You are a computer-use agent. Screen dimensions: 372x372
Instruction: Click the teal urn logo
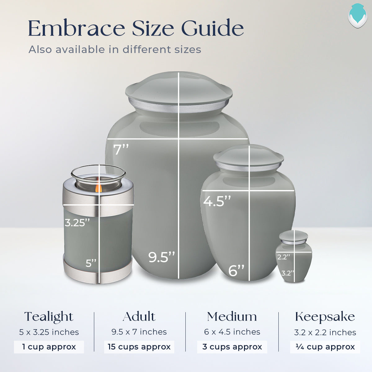coord(357,16)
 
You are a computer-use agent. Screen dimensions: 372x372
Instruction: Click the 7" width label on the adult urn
coord(121,149)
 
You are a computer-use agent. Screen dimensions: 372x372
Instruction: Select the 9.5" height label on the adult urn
coord(162,257)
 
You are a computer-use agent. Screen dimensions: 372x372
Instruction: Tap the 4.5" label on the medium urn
coord(217,201)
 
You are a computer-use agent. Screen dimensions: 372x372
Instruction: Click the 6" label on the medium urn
coord(236,270)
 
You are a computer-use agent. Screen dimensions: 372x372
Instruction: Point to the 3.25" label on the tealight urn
coord(77,223)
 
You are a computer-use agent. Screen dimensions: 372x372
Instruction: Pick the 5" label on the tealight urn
coord(91,263)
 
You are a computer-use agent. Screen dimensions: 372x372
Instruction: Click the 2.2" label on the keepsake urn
coord(284,257)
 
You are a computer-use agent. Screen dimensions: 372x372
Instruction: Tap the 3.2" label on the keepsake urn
coord(288,273)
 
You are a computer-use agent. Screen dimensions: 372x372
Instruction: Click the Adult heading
coord(139,317)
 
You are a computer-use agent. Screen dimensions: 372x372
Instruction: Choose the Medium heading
coord(232,317)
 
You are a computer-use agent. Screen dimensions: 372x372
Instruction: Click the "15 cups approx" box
coord(139,347)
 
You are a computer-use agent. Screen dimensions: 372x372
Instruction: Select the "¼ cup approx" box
coord(325,347)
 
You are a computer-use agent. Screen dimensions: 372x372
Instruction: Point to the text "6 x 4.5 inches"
coord(232,332)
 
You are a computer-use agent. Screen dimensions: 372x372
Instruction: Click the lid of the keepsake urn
coord(294,236)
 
